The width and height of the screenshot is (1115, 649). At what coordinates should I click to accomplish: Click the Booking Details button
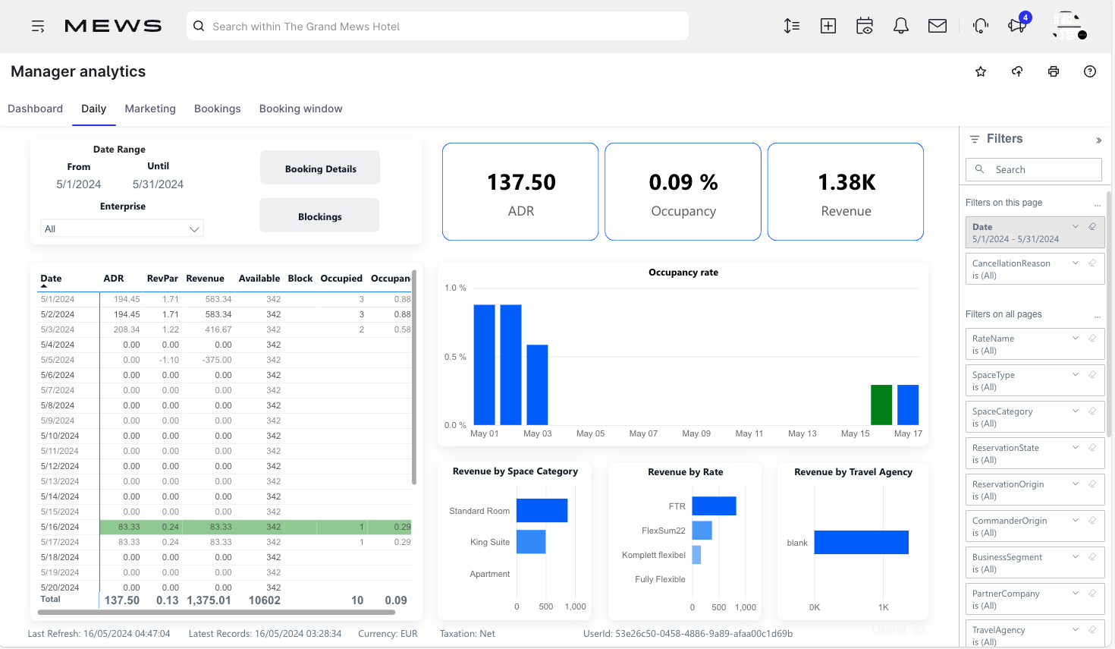click(320, 168)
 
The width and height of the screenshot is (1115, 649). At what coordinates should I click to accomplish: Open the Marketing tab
click(150, 109)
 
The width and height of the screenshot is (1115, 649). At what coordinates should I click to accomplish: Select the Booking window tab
click(300, 109)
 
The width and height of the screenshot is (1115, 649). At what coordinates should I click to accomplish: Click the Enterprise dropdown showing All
click(122, 228)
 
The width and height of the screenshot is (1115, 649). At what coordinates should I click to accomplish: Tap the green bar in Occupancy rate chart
click(881, 405)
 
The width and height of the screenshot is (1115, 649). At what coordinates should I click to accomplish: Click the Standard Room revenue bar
click(542, 510)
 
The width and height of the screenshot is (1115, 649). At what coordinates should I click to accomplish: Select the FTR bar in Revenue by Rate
click(714, 506)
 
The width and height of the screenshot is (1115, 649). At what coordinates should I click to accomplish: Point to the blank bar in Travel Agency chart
click(861, 542)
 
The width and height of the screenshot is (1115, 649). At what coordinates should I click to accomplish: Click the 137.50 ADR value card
click(520, 191)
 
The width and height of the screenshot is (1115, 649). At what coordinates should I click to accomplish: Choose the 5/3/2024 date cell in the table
click(58, 329)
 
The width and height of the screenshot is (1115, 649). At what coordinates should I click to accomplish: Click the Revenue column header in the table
click(205, 279)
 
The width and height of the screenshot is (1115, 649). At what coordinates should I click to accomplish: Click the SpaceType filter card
click(1034, 380)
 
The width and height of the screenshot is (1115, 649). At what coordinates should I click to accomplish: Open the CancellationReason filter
click(1034, 269)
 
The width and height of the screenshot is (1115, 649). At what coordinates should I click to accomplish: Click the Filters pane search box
click(1034, 169)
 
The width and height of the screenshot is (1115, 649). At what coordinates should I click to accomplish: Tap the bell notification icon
click(900, 26)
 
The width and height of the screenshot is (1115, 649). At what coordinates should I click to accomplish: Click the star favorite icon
click(981, 71)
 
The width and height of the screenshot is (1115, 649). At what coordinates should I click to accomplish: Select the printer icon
click(1054, 71)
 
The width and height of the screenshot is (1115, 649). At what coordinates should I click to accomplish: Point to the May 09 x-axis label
click(696, 433)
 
